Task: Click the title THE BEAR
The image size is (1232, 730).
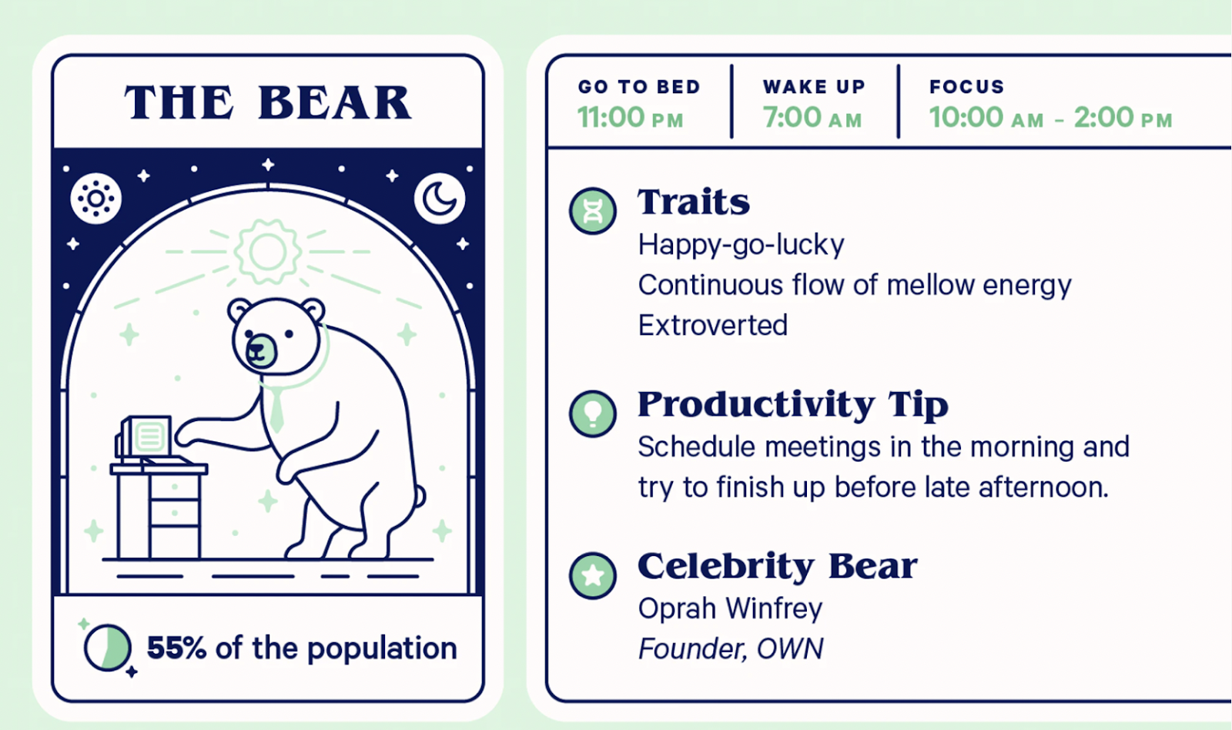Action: [268, 102]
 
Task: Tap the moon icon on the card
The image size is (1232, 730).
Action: [440, 199]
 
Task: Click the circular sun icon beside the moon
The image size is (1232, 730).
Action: [95, 199]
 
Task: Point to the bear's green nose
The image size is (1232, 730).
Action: [260, 350]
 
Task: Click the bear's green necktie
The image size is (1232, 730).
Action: [276, 409]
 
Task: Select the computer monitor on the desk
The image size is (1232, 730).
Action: [146, 437]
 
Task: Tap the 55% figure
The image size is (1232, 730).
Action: [176, 648]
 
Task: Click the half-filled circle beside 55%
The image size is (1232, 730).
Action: [108, 648]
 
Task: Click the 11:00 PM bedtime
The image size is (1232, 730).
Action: [631, 118]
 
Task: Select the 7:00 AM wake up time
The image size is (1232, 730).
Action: [812, 118]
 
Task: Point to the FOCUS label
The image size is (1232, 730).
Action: [967, 86]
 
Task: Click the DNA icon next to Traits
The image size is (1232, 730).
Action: [592, 211]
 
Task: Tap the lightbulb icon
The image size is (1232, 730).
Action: [592, 414]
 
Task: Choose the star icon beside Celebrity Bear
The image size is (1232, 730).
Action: [592, 575]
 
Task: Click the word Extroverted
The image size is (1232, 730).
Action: [713, 325]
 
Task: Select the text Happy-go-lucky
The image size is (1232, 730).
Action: [741, 246]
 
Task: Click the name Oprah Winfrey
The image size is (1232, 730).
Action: [730, 609]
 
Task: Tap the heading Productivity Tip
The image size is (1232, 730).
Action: [793, 404]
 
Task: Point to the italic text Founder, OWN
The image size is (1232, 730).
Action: [731, 648]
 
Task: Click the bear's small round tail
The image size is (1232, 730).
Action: [420, 496]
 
